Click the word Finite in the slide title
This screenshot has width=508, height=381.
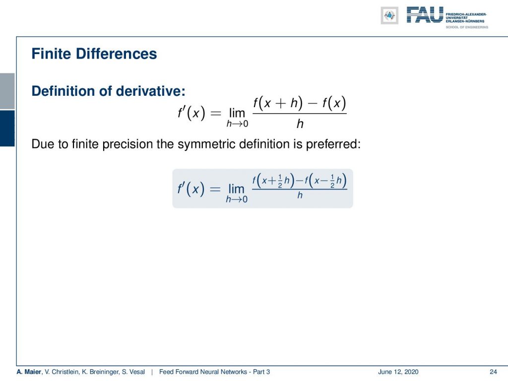point(51,54)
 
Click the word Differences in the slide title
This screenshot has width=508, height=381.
point(116,54)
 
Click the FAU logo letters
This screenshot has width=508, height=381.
point(425,15)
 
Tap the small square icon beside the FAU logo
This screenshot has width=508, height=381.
point(389,15)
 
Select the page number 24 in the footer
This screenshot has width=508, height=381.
point(493,372)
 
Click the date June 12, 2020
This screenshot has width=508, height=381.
point(398,372)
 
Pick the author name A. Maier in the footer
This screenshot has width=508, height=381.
point(29,372)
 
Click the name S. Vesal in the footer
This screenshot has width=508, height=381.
point(133,372)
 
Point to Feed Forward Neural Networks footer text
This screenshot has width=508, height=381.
point(203,372)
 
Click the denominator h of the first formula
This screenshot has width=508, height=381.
point(300,124)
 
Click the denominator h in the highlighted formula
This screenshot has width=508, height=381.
point(300,195)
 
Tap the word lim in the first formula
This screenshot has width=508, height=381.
point(237,113)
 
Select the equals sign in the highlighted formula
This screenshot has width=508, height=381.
point(215,189)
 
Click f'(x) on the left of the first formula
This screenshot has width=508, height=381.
point(191,113)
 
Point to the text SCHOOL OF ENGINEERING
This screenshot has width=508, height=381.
point(467,27)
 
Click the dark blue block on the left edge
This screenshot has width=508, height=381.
point(7,128)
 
